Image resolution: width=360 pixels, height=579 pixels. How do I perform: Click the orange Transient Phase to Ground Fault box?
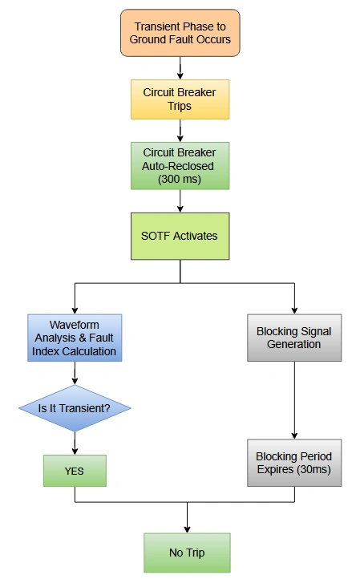(x=180, y=33)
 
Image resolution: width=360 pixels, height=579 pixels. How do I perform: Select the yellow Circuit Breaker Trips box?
(x=180, y=99)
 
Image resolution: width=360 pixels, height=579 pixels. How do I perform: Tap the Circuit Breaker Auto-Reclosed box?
(x=180, y=166)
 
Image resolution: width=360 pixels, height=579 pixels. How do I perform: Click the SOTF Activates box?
(x=180, y=236)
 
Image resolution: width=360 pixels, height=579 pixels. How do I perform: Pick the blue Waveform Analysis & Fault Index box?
(x=75, y=338)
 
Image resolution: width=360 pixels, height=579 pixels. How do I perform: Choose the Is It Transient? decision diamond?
(x=75, y=408)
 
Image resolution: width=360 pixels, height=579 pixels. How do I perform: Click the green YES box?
(x=75, y=471)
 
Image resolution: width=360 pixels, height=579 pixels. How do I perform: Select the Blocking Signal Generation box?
(x=294, y=338)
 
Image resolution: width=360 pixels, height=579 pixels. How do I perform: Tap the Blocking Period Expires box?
(x=294, y=463)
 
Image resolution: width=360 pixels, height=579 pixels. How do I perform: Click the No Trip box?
(x=187, y=553)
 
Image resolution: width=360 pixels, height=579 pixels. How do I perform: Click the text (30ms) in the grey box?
(x=315, y=469)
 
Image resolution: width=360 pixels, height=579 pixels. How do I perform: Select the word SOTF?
(x=157, y=236)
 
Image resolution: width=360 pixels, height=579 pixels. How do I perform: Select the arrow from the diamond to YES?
(x=75, y=442)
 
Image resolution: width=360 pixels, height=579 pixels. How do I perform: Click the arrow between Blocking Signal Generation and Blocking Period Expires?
(x=294, y=399)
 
